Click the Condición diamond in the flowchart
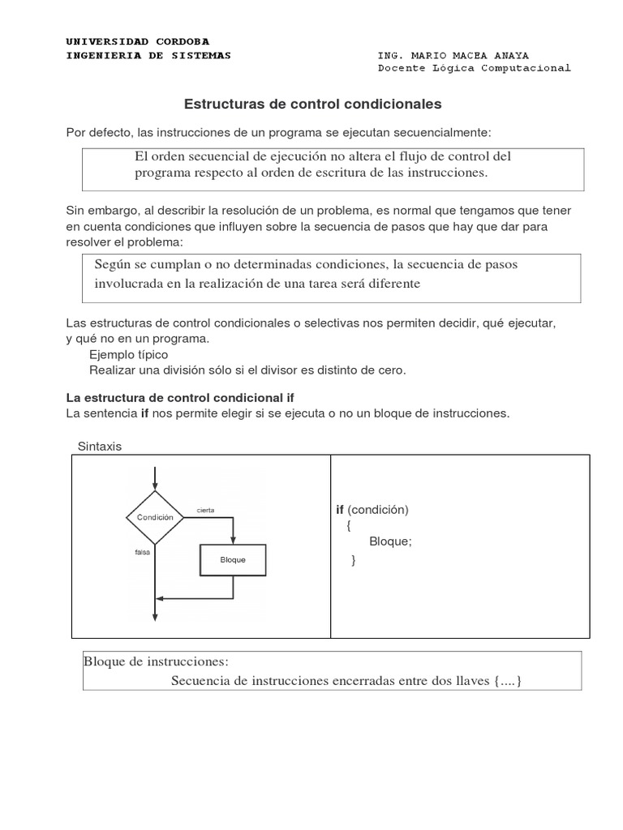pyautogui.click(x=154, y=516)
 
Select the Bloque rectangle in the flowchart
pyautogui.click(x=233, y=560)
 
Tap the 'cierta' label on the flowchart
pyautogui.click(x=205, y=510)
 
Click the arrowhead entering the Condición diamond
pyautogui.click(x=154, y=486)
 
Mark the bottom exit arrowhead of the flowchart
pyautogui.click(x=154, y=617)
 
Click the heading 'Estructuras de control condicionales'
pyautogui.click(x=313, y=105)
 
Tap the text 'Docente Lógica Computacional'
pyautogui.click(x=474, y=68)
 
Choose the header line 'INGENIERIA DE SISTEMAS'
pyautogui.click(x=148, y=55)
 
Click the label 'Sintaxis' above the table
pyautogui.click(x=99, y=447)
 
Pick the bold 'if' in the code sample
pyautogui.click(x=340, y=510)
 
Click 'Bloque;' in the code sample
pyautogui.click(x=390, y=542)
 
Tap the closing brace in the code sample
pyautogui.click(x=354, y=559)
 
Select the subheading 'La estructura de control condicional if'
pyautogui.click(x=179, y=398)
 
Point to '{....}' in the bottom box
pyautogui.click(x=507, y=680)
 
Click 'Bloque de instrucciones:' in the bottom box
pyautogui.click(x=157, y=661)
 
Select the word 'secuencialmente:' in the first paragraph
pyautogui.click(x=446, y=131)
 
